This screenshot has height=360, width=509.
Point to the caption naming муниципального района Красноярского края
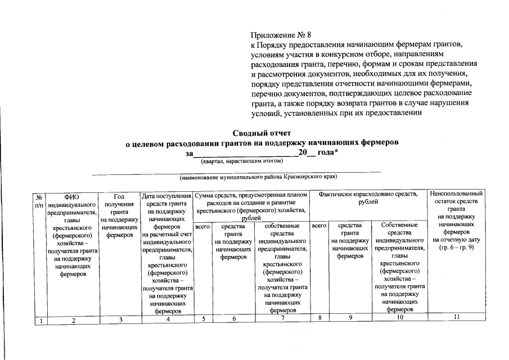click(x=258, y=177)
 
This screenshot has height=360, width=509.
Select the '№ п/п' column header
click(x=39, y=201)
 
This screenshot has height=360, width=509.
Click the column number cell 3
click(x=120, y=320)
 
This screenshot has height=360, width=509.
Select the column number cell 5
click(x=203, y=319)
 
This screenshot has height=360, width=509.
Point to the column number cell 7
click(x=282, y=319)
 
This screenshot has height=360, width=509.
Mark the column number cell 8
click(x=319, y=318)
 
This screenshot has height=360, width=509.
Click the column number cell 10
click(x=400, y=318)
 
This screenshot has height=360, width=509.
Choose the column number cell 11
click(x=456, y=317)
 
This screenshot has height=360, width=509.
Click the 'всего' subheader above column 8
click(x=319, y=226)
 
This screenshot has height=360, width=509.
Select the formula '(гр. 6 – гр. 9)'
click(x=456, y=248)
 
